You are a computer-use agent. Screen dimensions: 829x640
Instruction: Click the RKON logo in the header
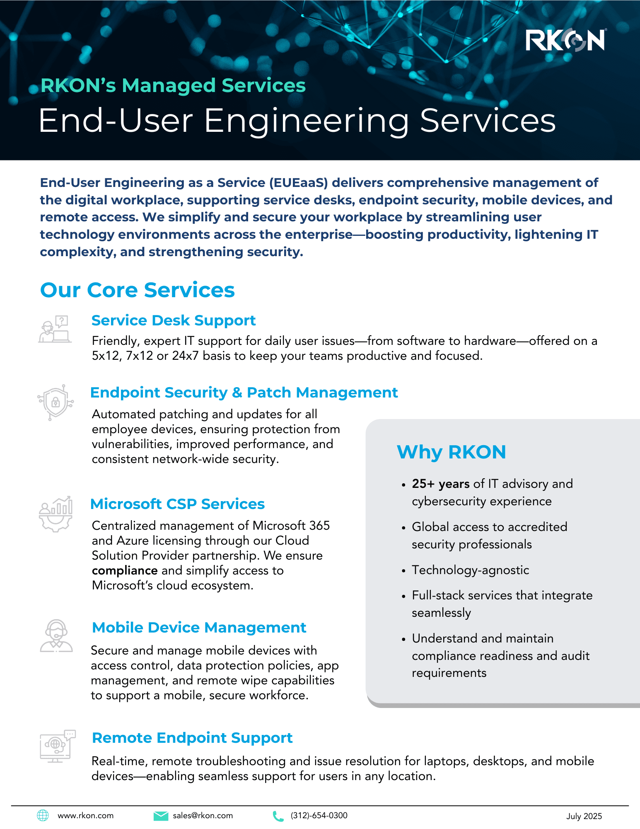[x=565, y=41]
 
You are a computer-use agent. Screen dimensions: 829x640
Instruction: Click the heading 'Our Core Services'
[x=137, y=290]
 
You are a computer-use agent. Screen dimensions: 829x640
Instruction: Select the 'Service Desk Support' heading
[x=173, y=320]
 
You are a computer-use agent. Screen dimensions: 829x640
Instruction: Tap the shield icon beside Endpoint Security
[x=56, y=402]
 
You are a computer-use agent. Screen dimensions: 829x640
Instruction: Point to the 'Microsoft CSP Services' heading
[x=177, y=504]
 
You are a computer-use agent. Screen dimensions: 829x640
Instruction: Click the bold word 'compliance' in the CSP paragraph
[x=124, y=570]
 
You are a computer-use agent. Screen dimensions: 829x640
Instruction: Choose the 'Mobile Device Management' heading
[x=199, y=628]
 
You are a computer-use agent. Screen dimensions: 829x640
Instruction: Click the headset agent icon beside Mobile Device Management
[x=56, y=636]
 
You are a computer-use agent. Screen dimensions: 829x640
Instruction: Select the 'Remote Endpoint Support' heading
[x=192, y=738]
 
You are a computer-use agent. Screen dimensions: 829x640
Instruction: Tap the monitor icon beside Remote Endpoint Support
[x=57, y=746]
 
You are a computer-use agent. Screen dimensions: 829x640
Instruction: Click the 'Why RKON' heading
[x=451, y=452]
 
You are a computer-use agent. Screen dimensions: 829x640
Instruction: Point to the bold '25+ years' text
[x=440, y=484]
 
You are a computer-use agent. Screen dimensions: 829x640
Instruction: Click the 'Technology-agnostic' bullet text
[x=470, y=570]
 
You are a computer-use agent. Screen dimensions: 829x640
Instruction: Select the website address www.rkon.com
[x=85, y=815]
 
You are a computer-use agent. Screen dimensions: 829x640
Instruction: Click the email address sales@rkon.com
[x=203, y=815]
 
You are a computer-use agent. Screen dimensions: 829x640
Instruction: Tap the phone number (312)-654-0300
[x=319, y=815]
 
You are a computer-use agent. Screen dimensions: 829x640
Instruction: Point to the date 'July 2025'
[x=584, y=816]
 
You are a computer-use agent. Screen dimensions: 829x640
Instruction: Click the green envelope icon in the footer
[x=161, y=816]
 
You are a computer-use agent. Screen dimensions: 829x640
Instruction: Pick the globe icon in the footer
[x=43, y=815]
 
